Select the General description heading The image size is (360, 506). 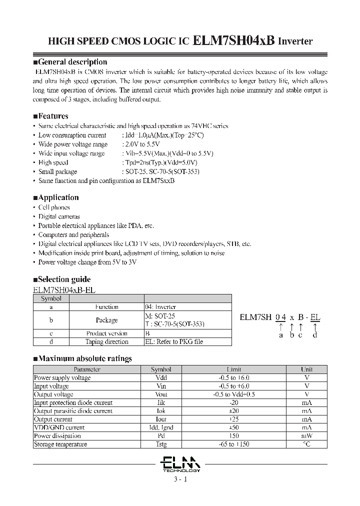point(72,62)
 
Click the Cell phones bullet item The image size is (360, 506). point(54,207)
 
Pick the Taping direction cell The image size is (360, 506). point(106,342)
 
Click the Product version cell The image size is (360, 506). point(106,333)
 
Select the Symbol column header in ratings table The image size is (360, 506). point(161,369)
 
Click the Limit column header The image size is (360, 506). point(234,369)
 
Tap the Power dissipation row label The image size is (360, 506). point(53,436)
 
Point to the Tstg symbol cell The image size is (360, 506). point(161,444)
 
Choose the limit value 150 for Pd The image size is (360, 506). point(234,436)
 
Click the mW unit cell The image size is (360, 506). point(306,436)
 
